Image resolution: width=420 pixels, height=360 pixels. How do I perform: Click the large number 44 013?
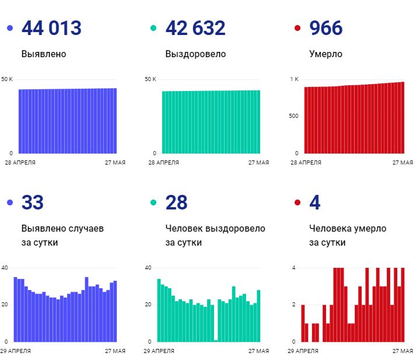[51, 28]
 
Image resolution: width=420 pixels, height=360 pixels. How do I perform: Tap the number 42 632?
[195, 28]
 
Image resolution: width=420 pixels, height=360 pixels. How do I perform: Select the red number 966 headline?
[325, 28]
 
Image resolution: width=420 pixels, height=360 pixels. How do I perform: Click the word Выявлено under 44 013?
[44, 54]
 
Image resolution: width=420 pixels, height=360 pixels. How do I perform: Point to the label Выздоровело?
[195, 54]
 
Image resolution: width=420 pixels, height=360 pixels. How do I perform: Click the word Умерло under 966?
[325, 54]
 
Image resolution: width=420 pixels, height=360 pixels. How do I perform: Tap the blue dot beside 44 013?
[9, 28]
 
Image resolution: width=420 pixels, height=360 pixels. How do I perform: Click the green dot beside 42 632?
[153, 28]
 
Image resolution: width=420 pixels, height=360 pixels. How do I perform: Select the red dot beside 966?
[297, 28]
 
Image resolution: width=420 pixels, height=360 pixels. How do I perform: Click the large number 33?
[33, 203]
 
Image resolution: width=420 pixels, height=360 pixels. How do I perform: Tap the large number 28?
[177, 203]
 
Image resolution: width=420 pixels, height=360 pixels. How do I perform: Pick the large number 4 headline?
[315, 203]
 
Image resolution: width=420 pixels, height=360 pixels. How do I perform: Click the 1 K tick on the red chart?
[294, 79]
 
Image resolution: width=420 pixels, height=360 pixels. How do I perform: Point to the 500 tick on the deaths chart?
[293, 116]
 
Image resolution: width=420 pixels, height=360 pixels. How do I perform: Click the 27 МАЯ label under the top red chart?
[402, 163]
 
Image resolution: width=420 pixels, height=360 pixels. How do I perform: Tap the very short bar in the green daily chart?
[216, 340]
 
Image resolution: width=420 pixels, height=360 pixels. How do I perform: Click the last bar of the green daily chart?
[258, 316]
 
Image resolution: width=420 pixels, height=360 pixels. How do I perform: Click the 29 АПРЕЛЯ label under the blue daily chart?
[16, 351]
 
